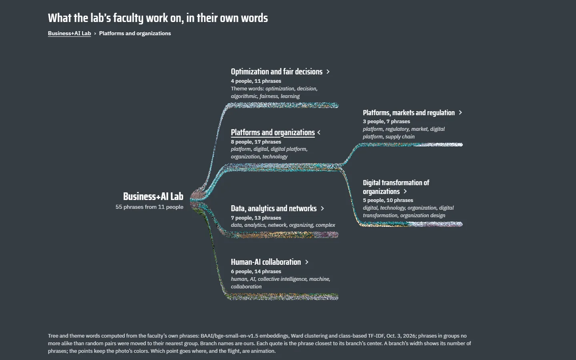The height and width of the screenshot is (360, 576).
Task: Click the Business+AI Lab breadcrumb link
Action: point(70,34)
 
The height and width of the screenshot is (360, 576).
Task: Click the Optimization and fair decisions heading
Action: point(276,72)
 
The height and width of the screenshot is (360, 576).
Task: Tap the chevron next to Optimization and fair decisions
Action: point(328,72)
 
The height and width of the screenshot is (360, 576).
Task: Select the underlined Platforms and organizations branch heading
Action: point(272,132)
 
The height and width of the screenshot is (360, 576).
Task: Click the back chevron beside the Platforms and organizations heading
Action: point(319,132)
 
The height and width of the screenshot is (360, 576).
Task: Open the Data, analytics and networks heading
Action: point(274,208)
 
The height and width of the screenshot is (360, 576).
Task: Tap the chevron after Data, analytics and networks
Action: point(322,208)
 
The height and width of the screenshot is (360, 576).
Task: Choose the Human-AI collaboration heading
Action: point(266,262)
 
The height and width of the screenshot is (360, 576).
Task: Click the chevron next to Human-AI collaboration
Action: point(307,262)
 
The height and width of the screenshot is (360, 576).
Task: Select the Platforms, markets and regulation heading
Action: point(409,113)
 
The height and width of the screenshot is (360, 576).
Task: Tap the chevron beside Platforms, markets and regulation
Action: point(460,112)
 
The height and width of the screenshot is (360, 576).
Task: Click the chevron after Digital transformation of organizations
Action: point(405,191)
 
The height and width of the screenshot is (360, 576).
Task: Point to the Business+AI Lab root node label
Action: point(153,196)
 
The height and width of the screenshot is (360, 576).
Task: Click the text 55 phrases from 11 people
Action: point(150,207)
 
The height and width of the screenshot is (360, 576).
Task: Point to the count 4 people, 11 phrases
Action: point(256,81)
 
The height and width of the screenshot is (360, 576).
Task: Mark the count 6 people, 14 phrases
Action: point(256,272)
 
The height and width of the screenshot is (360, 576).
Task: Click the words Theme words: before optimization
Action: point(247,89)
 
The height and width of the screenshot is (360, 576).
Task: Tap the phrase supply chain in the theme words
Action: point(400,137)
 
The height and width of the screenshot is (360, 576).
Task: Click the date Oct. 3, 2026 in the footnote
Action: point(402,336)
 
